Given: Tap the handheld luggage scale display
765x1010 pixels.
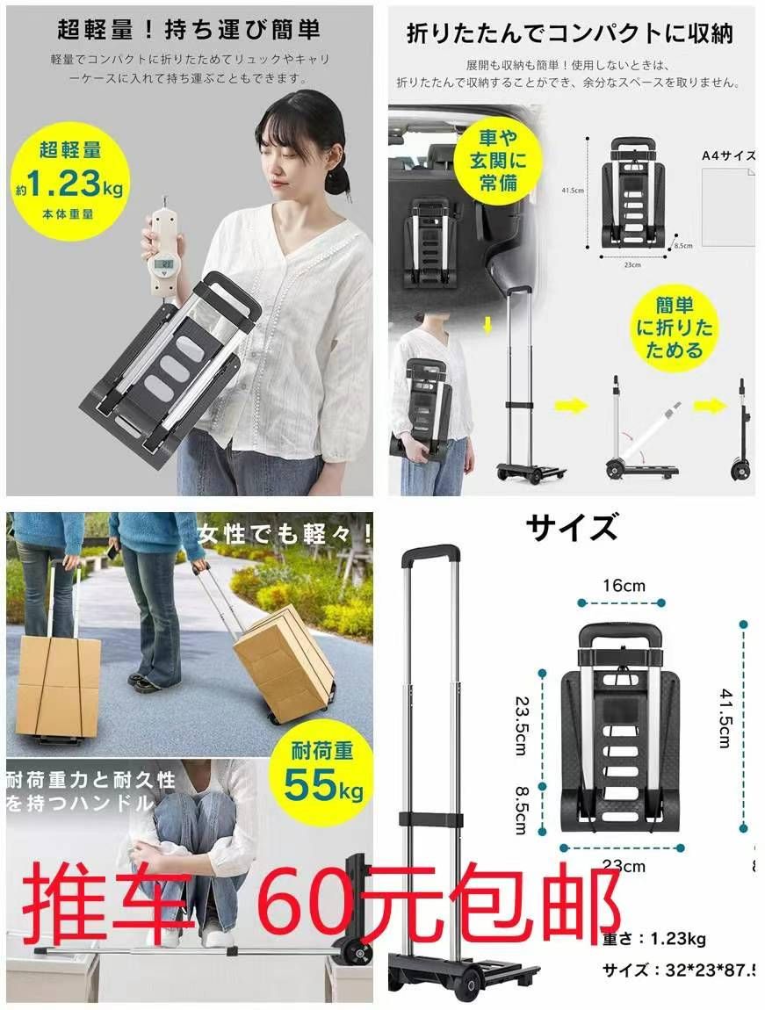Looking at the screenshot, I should [x=164, y=263].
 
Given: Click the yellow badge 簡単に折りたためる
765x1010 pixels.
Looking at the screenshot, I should [x=675, y=328].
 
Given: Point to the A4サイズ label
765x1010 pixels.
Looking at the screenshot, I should [x=728, y=155].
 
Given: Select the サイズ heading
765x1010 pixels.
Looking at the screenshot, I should [x=572, y=529].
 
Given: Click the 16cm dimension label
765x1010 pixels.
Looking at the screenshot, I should [x=624, y=586].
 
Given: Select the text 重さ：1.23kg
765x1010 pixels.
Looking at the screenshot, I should [x=654, y=939].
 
